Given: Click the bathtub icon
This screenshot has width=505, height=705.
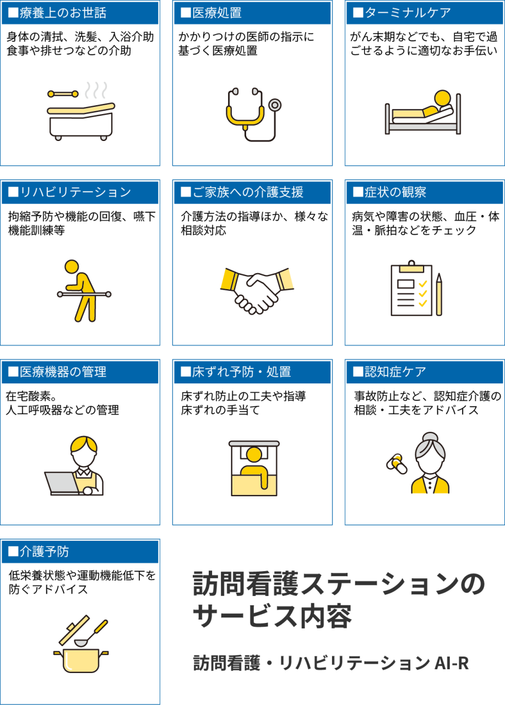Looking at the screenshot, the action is point(81,121).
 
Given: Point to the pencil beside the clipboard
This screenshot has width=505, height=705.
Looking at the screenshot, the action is point(439,294).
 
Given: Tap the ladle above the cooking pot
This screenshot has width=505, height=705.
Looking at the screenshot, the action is point(91,633).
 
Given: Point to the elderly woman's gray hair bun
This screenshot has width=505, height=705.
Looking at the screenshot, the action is point(430,437).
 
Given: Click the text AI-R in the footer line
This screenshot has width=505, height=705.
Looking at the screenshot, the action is point(452,663).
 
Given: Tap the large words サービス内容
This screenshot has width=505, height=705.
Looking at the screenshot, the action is point(272,617).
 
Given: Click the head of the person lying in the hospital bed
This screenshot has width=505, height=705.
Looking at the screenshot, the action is point(442,98).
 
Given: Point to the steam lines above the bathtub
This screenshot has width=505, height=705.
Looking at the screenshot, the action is point(96,90).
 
